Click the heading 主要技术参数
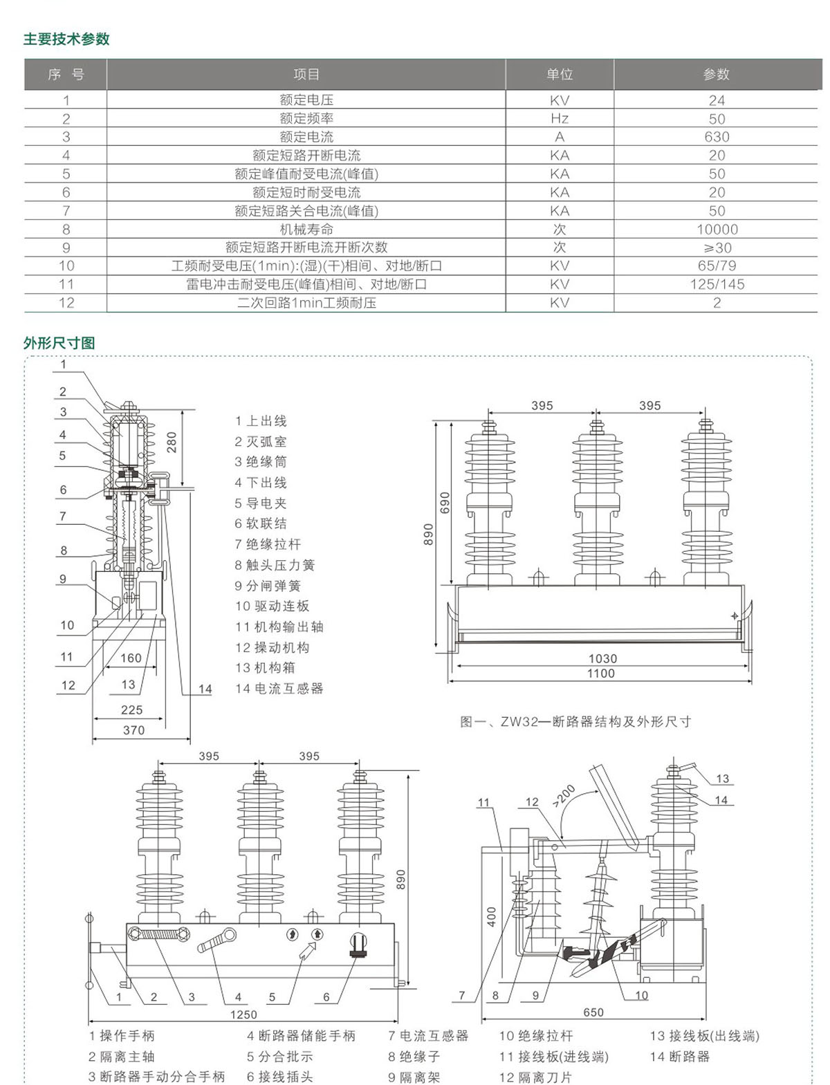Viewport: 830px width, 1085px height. [x=66, y=39]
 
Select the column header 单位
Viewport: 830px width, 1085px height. [x=559, y=75]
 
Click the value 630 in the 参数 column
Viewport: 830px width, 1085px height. [x=717, y=137]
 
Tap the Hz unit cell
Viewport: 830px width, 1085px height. [x=559, y=118]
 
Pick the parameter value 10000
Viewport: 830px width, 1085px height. [x=717, y=230]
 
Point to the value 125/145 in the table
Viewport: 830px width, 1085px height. [x=717, y=284]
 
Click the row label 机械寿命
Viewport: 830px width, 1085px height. [x=306, y=230]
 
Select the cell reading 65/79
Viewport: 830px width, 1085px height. [x=717, y=266]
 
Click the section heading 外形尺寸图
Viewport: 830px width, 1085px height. [x=59, y=343]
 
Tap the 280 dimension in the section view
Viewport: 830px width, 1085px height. [x=172, y=443]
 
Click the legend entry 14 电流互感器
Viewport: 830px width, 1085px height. [x=279, y=689]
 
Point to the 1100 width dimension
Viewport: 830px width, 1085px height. [x=600, y=674]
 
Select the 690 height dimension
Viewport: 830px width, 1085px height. [x=445, y=503]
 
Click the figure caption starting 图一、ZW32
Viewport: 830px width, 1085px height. [x=575, y=722]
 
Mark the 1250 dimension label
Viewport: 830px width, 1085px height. [x=243, y=1014]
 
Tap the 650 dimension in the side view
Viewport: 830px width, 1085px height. [x=593, y=1012]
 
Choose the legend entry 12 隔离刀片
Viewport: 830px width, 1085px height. [x=535, y=1077]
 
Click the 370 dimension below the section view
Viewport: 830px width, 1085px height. [x=133, y=730]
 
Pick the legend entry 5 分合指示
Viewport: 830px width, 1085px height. [x=279, y=1057]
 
